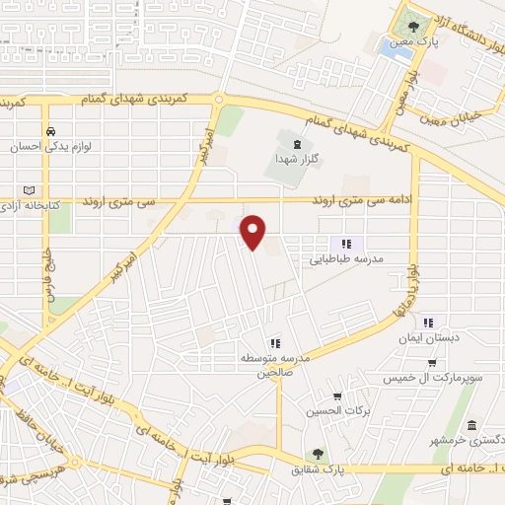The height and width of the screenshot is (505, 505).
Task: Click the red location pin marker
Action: (x=254, y=231)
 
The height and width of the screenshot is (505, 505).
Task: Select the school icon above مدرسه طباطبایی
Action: (x=345, y=244)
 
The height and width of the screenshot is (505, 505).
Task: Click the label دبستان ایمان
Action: (x=428, y=336)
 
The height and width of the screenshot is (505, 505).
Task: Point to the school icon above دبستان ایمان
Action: (x=428, y=322)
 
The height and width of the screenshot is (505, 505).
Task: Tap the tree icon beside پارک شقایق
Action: (x=318, y=455)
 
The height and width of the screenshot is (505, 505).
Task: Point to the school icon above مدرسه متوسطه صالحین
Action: (x=274, y=342)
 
